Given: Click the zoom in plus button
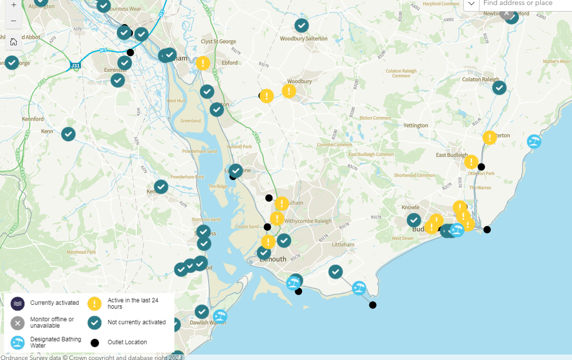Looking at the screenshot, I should coord(14,5).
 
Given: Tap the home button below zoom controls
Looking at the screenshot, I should coord(14,41).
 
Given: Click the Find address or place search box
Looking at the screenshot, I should coord(523,4).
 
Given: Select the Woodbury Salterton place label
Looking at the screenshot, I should coord(304,39).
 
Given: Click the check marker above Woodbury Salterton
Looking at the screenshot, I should coord(302,25).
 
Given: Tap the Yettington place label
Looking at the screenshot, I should coord(416,126).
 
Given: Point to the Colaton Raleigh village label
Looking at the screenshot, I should coord(481,79).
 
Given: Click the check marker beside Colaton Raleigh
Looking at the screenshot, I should coord(499,87).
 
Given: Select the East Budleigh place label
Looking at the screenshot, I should coord(451,155).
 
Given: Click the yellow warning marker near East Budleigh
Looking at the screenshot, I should coord(471,162).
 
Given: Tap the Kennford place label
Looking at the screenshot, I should coord(33,119).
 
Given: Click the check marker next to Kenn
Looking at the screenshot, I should coord(68,134).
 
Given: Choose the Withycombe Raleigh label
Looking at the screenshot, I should coord(308,221).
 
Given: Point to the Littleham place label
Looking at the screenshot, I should coord(343,245).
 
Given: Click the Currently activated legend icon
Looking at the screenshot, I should coord(18,303).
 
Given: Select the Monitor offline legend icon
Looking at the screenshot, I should coord(18,323).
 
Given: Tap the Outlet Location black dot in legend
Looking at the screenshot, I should coord(94,343).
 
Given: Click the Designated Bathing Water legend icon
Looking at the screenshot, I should coord(18,343).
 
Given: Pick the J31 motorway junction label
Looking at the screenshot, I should coord(75,66).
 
